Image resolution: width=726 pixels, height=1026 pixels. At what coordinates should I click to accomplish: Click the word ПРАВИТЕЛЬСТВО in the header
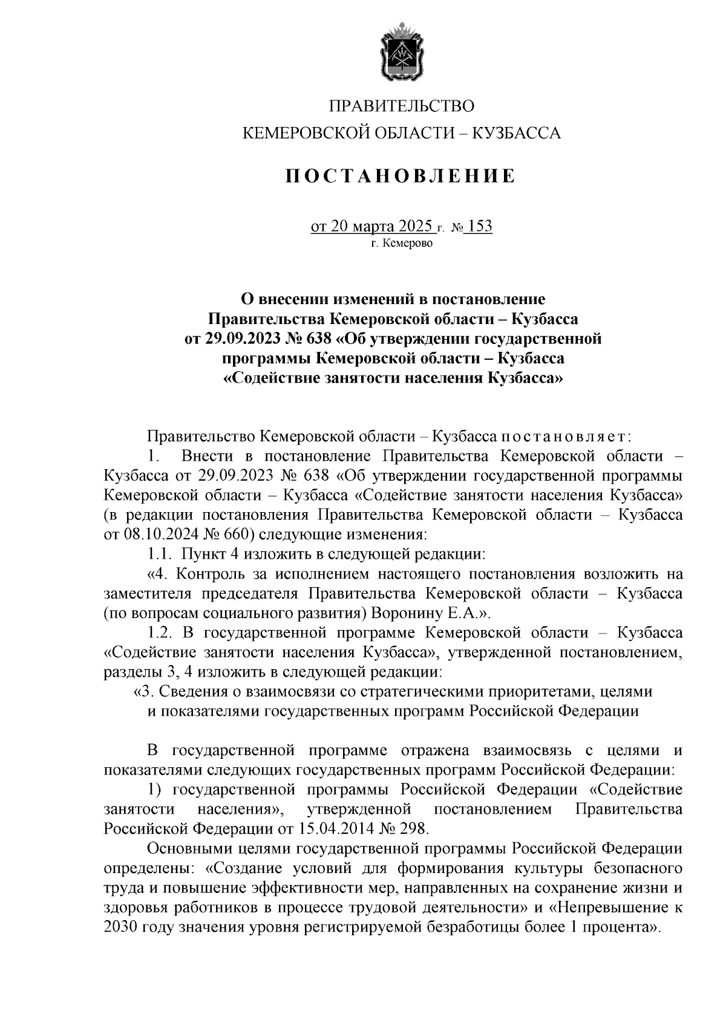click(401, 106)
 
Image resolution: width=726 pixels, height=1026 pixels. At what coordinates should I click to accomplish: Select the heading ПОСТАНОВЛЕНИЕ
click(401, 176)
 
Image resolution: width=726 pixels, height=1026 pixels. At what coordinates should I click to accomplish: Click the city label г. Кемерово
click(402, 244)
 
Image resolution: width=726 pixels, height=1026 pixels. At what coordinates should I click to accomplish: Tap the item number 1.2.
click(160, 632)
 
